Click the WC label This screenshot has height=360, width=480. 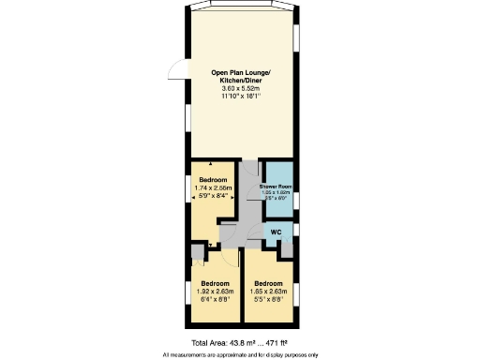[276, 232]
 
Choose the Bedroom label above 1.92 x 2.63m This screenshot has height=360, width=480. [216, 283]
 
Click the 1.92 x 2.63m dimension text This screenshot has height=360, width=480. [216, 292]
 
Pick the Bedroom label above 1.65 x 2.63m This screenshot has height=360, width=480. [268, 283]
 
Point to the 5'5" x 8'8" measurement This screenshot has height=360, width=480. [268, 300]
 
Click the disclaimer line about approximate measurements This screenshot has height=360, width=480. [240, 354]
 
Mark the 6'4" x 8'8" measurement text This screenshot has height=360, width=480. [216, 300]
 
